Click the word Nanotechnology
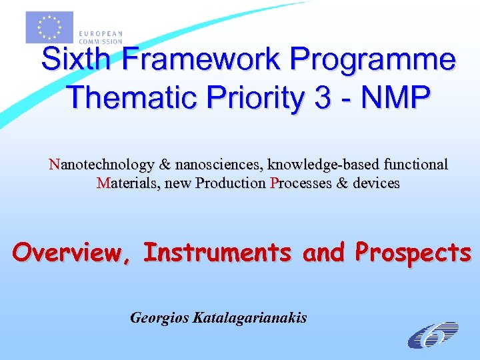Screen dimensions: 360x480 pyautogui.click(x=101, y=164)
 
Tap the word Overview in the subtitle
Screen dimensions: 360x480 pyautogui.click(x=71, y=253)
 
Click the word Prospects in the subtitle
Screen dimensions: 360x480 pyautogui.click(x=413, y=253)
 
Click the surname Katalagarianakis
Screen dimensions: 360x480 pyautogui.click(x=249, y=317)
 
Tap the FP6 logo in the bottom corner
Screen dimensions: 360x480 pyautogui.click(x=433, y=334)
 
